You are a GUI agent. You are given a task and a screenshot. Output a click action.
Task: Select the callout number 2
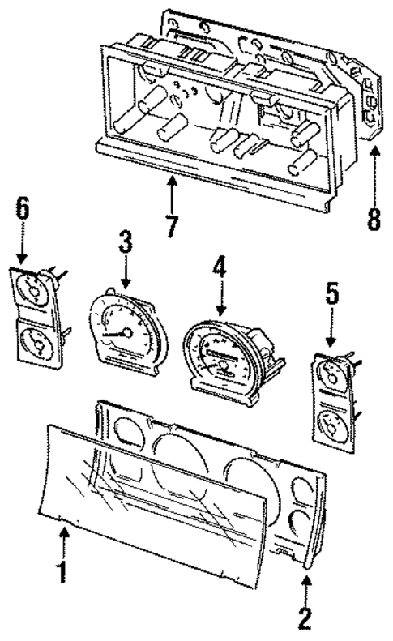click(304, 617)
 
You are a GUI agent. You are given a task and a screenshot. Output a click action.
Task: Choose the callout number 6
click(23, 208)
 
